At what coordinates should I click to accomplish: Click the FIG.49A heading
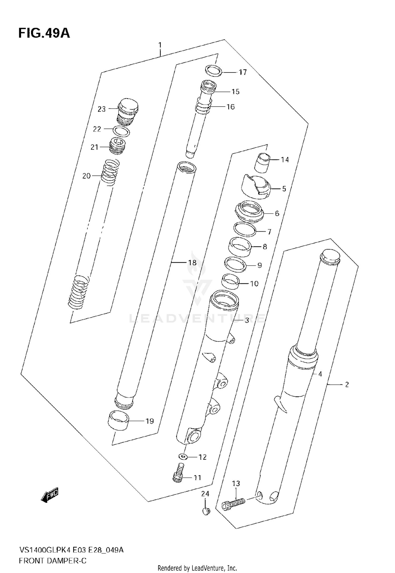click(x=44, y=34)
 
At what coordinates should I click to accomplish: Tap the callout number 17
click(x=243, y=72)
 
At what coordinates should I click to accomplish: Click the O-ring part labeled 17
click(x=213, y=70)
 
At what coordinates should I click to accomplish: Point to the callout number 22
click(x=97, y=129)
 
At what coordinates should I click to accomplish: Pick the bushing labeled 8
click(x=239, y=247)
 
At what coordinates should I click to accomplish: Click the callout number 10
click(x=254, y=284)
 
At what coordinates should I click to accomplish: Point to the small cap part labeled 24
click(x=206, y=511)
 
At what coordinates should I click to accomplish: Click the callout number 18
click(x=192, y=262)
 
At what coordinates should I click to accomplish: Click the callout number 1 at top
click(x=160, y=45)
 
